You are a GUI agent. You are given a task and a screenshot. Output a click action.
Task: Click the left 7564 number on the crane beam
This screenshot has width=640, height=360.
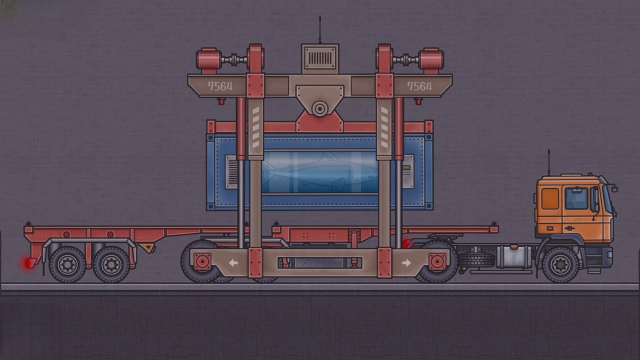click(220, 86)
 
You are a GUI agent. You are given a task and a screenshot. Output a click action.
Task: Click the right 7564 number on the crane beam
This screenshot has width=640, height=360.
click(419, 86)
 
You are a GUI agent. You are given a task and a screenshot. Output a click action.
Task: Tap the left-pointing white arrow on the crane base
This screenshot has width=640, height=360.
click(233, 262)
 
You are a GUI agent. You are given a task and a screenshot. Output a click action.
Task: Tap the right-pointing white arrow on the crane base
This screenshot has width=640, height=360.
click(406, 262)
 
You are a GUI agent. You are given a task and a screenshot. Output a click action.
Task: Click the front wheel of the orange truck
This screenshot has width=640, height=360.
click(560, 264)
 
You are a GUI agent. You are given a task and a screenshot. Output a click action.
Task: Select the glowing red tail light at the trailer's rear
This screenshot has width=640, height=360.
click(27, 263)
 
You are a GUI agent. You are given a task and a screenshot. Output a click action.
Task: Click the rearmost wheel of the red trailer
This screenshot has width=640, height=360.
click(67, 264)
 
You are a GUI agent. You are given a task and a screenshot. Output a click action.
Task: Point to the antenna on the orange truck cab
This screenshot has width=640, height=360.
click(548, 162)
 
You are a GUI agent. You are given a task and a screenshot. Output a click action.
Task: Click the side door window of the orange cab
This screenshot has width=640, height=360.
click(576, 198)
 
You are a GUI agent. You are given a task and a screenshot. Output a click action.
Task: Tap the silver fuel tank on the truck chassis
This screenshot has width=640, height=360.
click(513, 256)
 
